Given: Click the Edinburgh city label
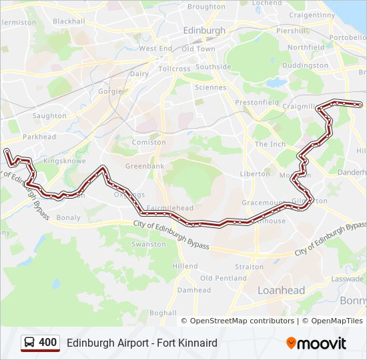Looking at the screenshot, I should click(x=204, y=31).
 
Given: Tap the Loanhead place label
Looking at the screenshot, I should click(x=281, y=291).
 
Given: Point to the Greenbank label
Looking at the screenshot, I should click(x=145, y=165).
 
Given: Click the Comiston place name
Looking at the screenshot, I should click(x=149, y=142).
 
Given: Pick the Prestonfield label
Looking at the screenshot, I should click(x=257, y=103).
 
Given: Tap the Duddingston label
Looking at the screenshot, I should click(x=304, y=66).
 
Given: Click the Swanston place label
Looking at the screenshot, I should click(x=148, y=244).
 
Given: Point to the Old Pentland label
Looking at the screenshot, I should click(x=223, y=278).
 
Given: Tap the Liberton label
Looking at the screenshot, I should click(x=255, y=174).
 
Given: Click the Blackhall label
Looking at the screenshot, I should click(x=69, y=21).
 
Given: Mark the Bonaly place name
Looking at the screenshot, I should click(x=69, y=218).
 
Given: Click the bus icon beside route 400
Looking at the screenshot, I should click(x=30, y=343).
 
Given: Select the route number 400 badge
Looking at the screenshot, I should click(x=47, y=343).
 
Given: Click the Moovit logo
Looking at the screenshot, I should click(x=316, y=343).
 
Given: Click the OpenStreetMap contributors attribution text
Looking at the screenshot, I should click(x=242, y=321).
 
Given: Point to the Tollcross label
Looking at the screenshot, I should click(x=174, y=69).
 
